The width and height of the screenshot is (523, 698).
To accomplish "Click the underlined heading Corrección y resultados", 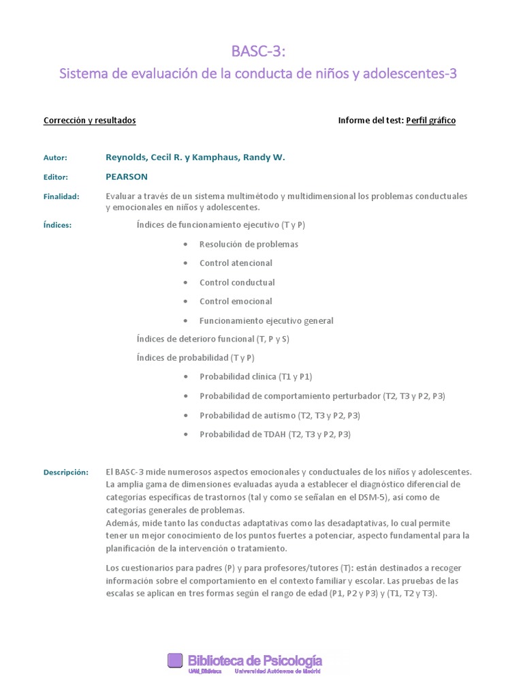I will (90, 121).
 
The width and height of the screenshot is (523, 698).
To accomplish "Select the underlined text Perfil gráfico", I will (430, 121).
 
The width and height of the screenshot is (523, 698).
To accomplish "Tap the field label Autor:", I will (55, 158).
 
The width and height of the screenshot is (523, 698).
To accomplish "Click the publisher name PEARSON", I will (127, 177).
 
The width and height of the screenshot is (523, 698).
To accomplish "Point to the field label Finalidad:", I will (61, 196).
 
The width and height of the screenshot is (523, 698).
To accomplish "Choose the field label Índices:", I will (57, 225).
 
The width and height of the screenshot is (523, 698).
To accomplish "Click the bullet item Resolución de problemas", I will (249, 244).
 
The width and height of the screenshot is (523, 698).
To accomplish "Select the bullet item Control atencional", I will (236, 263).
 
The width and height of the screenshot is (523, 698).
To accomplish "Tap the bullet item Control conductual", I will (237, 282).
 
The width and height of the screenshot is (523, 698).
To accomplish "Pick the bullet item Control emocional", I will (236, 301).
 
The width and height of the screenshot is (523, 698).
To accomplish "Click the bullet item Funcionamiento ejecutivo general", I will (266, 320).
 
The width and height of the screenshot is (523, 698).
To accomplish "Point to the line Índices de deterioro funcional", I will (212, 339).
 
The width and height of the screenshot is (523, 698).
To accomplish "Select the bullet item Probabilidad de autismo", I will (279, 415).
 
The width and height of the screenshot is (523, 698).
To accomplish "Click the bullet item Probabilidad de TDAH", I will (274, 434).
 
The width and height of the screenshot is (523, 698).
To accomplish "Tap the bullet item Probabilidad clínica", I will (255, 376).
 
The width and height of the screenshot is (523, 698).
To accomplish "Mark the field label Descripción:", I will (66, 472).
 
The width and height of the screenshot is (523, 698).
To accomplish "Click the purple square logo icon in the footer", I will (175, 660).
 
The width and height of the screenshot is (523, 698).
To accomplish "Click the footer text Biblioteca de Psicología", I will (255, 660).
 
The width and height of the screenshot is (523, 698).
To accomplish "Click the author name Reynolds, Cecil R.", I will (144, 157).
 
